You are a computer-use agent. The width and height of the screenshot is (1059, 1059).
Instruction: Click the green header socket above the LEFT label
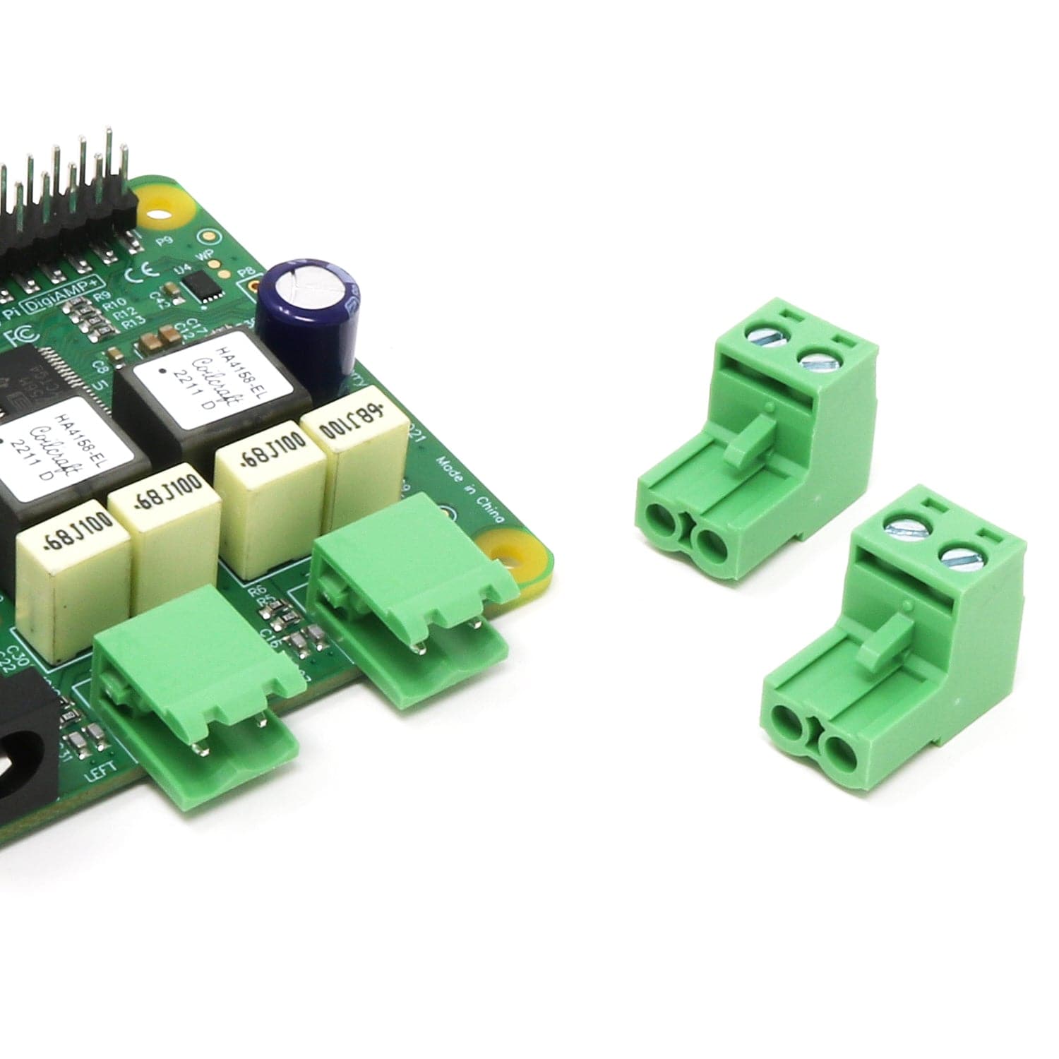[x=198, y=678]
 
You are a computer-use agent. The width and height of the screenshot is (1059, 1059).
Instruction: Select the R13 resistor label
[x=131, y=323]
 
